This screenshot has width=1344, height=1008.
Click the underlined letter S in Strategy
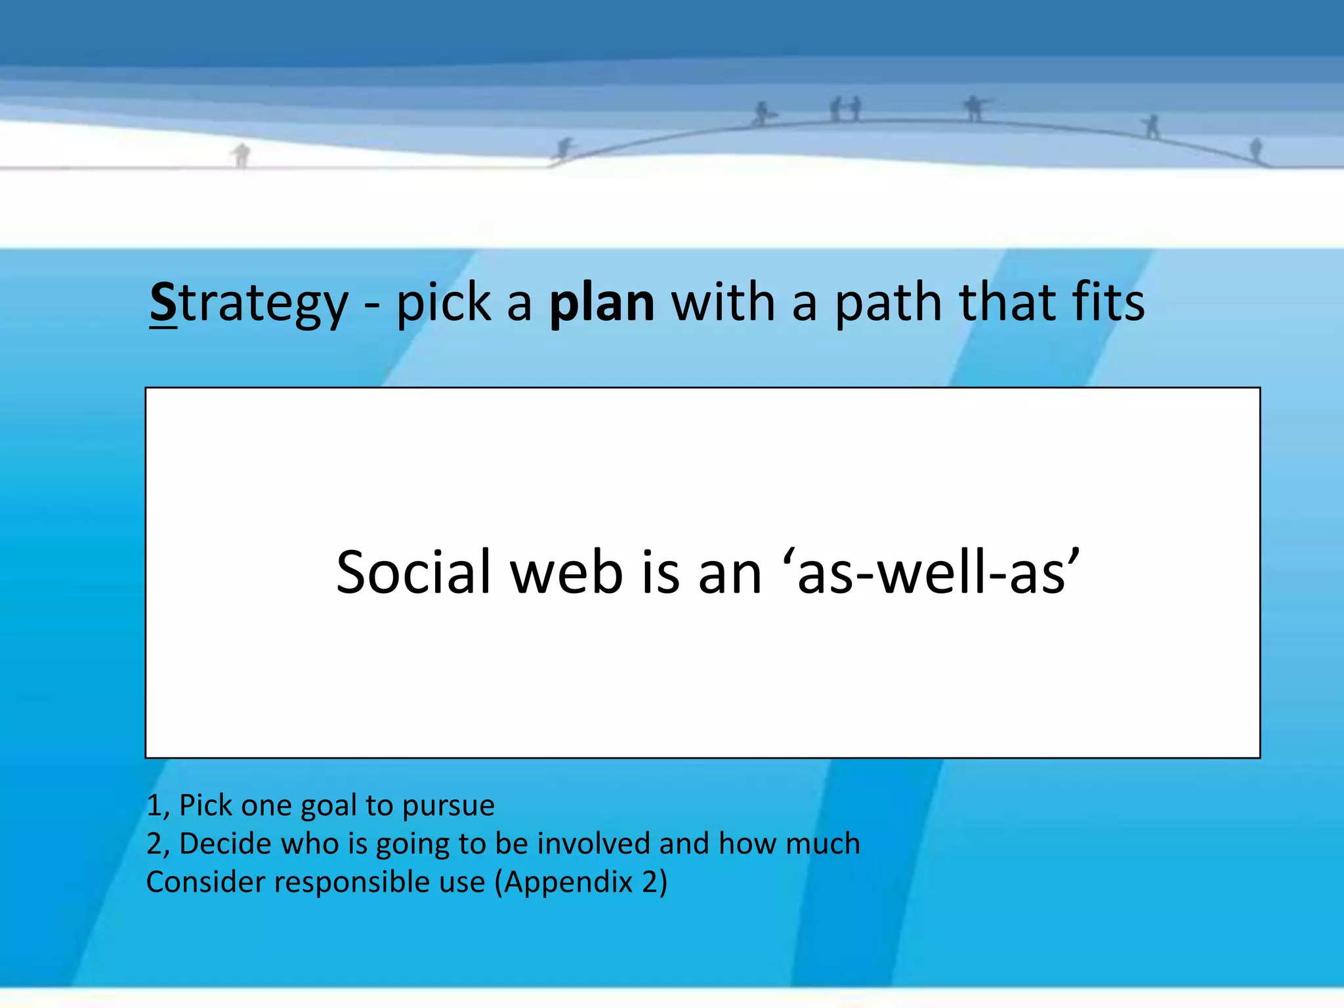(163, 303)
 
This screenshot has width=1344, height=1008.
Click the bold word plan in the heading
(601, 304)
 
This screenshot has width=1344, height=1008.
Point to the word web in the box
(566, 573)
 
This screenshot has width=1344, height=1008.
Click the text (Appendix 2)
(580, 883)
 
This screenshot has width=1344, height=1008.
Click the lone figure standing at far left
(241, 156)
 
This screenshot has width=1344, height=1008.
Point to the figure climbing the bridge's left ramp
(564, 149)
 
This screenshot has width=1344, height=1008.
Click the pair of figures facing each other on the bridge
(845, 109)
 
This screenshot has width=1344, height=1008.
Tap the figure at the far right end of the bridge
(1255, 150)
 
